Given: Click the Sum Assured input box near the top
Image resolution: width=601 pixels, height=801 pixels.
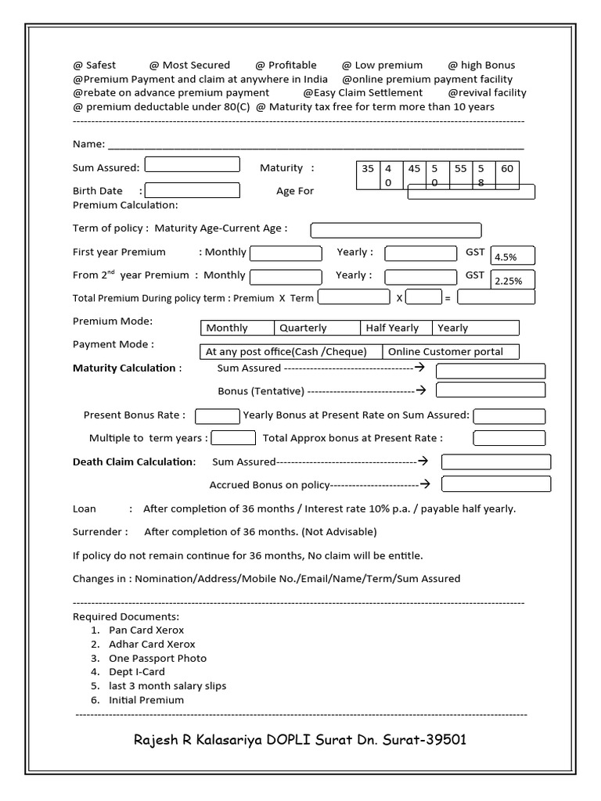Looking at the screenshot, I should [x=193, y=164].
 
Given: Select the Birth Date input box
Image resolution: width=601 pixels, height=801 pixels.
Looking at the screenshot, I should [x=193, y=190].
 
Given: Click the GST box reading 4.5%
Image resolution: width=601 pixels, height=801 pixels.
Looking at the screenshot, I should [x=513, y=256].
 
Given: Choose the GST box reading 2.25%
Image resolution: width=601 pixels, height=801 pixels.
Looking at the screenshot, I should [x=513, y=279].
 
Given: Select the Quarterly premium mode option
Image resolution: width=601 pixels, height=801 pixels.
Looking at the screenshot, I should [x=316, y=328].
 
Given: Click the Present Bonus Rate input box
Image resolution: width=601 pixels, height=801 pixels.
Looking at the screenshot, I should [x=217, y=416].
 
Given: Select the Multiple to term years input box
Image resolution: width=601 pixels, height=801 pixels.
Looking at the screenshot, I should [x=233, y=438].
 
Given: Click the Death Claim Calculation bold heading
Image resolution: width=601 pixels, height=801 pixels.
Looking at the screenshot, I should [x=134, y=462].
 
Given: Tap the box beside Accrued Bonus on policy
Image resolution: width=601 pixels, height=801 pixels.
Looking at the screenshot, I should [x=496, y=484].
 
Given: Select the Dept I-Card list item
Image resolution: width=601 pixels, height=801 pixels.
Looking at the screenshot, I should [x=137, y=672].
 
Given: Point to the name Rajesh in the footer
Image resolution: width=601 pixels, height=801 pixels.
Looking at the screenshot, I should [x=158, y=740].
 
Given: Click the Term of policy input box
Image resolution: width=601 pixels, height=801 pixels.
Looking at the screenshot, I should [x=396, y=230].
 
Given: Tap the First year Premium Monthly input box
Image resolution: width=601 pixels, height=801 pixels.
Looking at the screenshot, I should [x=286, y=253].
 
